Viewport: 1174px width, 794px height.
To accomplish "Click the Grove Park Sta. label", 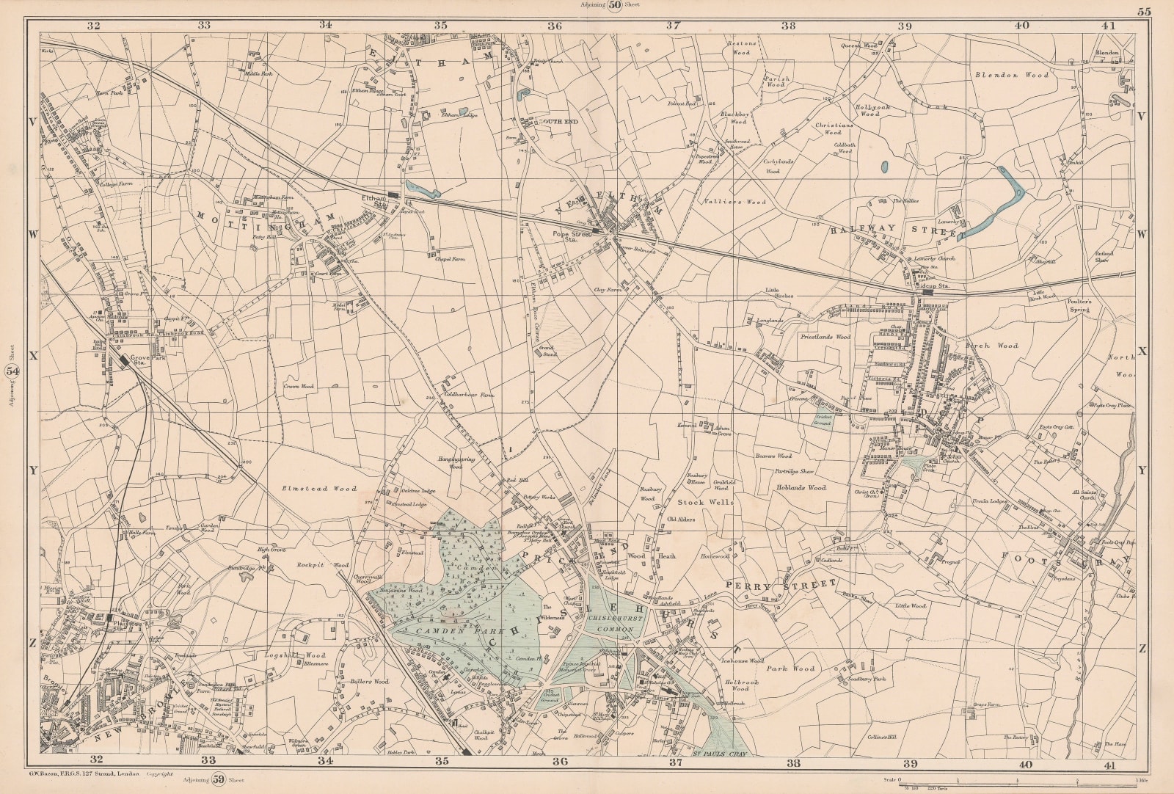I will point(139,360).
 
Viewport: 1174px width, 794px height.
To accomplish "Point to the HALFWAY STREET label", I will point(895,230).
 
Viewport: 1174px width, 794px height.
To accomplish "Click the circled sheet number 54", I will point(12,371).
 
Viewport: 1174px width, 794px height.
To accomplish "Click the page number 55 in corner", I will point(1144,10).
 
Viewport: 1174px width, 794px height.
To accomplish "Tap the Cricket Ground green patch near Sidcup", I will point(822,420).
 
